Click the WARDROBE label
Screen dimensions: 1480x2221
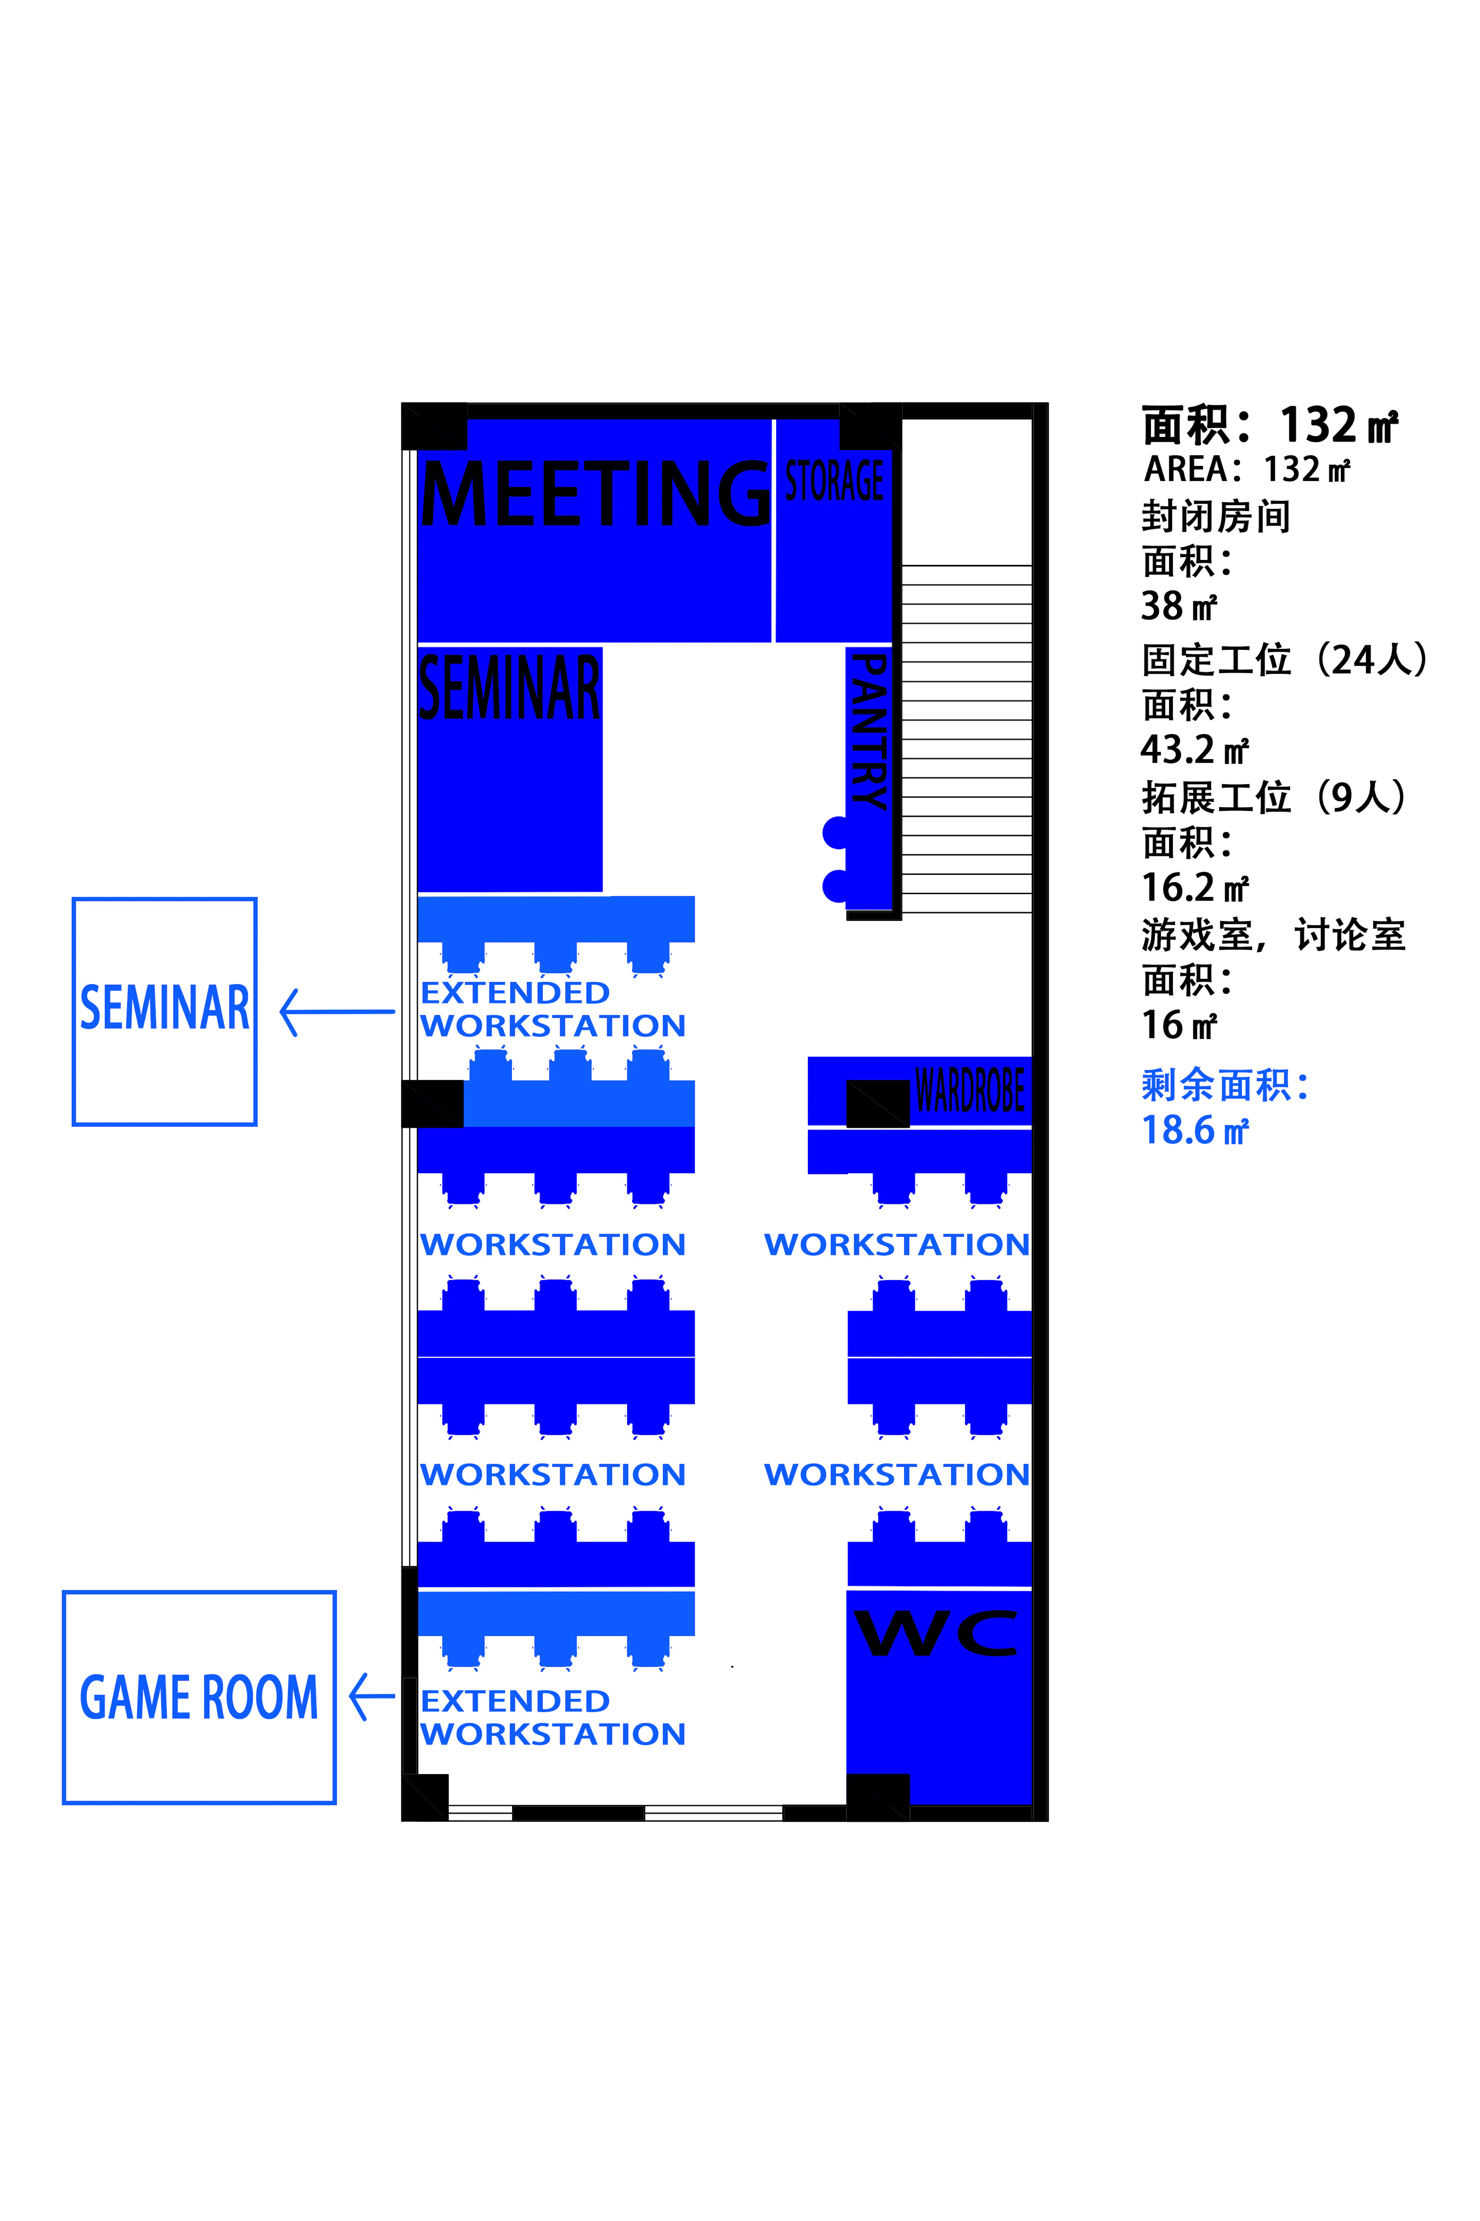pos(969,1090)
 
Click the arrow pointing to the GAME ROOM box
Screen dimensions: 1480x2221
pos(372,1696)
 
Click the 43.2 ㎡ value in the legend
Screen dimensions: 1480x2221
pos(1195,750)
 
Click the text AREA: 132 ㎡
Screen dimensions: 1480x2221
pos(1247,469)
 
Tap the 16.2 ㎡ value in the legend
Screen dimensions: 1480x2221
pos(1195,887)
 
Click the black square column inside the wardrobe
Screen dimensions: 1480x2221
pos(878,1103)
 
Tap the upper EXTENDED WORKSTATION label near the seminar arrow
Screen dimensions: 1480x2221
pos(553,1009)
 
